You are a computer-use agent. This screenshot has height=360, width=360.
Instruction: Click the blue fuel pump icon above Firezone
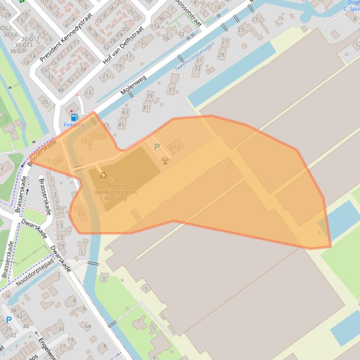click(73, 117)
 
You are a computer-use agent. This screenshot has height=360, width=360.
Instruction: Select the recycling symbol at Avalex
click(103, 175)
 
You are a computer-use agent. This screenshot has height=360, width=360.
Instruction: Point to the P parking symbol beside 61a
click(157, 147)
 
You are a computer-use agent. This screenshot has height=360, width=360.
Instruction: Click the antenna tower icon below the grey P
click(164, 160)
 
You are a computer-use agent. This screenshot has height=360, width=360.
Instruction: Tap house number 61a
click(176, 147)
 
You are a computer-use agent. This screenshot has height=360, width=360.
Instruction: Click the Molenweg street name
click(133, 85)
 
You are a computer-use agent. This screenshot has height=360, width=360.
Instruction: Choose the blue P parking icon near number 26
click(8, 320)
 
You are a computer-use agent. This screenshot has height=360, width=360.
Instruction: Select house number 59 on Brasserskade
click(58, 161)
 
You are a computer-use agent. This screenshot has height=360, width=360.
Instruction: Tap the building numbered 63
click(82, 214)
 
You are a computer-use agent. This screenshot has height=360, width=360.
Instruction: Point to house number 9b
click(161, 19)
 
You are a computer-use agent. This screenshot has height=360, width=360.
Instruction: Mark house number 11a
click(154, 27)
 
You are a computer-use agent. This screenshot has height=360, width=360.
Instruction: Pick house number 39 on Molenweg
click(149, 96)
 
